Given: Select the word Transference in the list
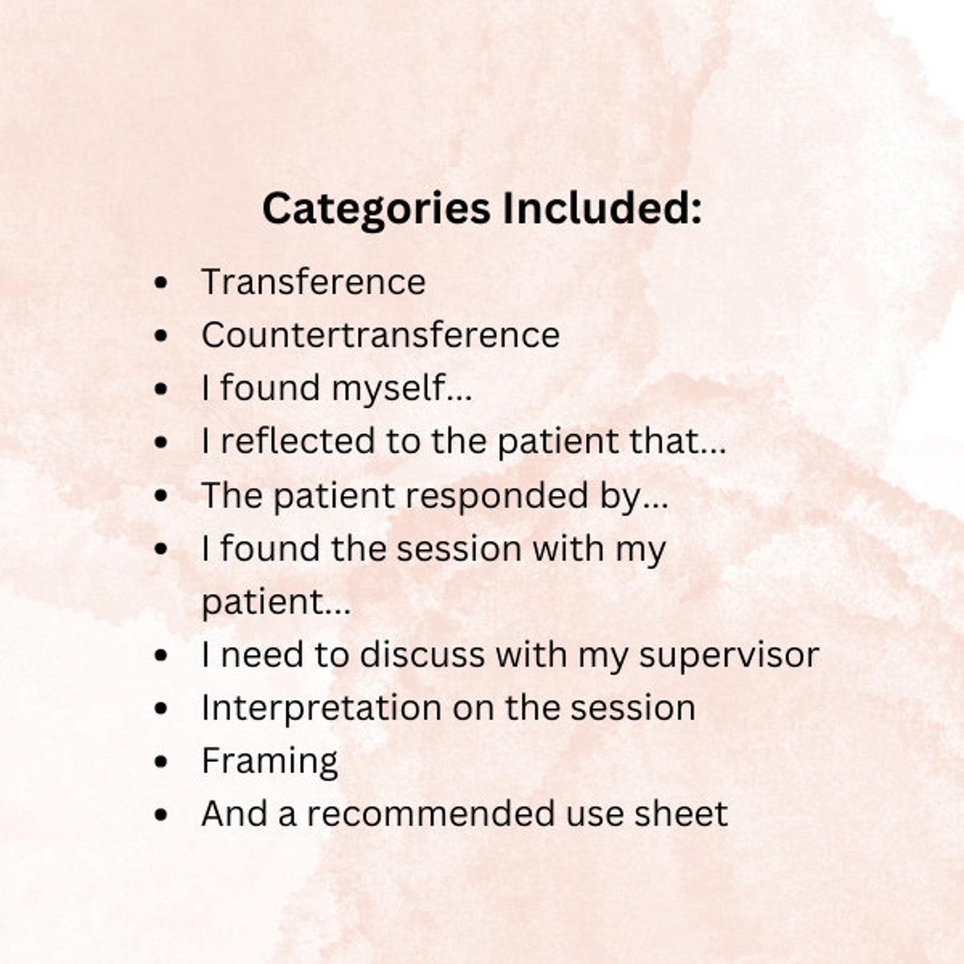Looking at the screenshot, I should tap(313, 282).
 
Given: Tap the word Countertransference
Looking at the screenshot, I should tap(381, 335).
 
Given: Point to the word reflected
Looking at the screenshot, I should tap(297, 441).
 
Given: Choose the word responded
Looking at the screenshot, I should tap(497, 495).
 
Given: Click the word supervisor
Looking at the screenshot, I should tap(728, 656).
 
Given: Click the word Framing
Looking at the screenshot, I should tap(270, 762).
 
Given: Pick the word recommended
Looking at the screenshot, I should tap(430, 814).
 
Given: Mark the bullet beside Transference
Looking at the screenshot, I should tap(161, 283).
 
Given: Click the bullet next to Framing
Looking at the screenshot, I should tap(161, 762).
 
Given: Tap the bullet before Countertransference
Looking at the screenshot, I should tap(161, 336).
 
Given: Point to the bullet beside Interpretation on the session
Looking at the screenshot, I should tap(161, 708).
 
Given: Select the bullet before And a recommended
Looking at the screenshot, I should tap(161, 815).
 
